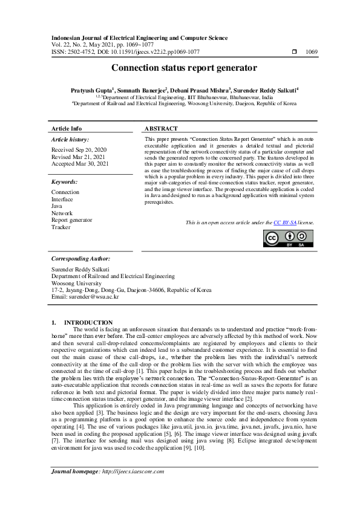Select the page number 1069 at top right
312,53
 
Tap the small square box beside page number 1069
294,53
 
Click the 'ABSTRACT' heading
162,129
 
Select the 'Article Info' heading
67,129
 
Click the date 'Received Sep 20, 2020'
79,149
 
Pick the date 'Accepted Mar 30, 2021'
80,164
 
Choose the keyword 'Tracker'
61,227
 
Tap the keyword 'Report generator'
72,220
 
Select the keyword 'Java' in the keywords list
57,206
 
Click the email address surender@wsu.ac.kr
93,297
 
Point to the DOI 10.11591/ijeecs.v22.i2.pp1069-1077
139,53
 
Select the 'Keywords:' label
64,181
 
